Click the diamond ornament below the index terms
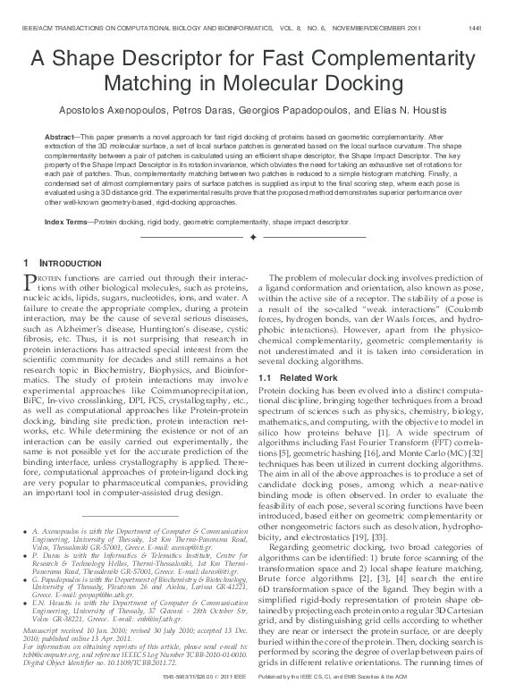pyautogui.click(x=254, y=238)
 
